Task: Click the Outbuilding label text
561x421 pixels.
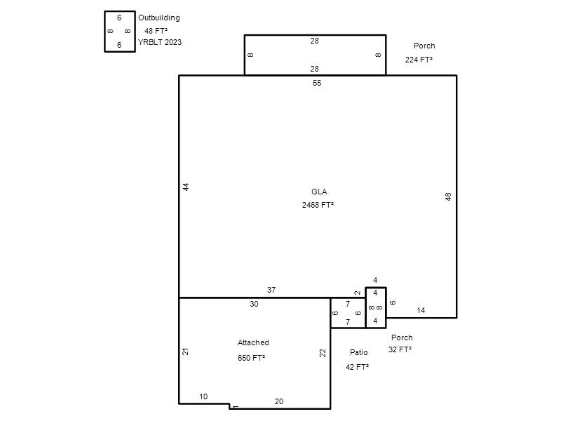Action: [159, 18]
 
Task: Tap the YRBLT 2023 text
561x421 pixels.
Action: [160, 42]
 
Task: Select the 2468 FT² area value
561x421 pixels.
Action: [318, 205]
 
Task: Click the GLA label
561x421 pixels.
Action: [319, 192]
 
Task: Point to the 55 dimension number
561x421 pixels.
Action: [317, 83]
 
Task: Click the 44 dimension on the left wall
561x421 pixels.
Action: [186, 187]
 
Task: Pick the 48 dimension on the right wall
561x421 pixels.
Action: [448, 196]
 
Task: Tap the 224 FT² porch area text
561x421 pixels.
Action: [419, 60]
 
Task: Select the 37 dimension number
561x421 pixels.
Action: [271, 290]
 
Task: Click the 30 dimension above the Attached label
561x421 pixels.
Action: [254, 304]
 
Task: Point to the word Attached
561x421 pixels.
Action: [253, 342]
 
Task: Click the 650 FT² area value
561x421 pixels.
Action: [251, 358]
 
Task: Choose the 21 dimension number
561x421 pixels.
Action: [185, 352]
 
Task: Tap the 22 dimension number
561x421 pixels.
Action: [323, 353]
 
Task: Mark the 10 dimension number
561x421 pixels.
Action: [203, 396]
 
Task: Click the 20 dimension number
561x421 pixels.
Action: [278, 401]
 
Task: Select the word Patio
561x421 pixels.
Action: [358, 352]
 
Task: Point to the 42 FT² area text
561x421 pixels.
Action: [357, 367]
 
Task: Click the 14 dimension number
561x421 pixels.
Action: [421, 310]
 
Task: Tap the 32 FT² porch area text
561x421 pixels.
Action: [400, 349]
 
